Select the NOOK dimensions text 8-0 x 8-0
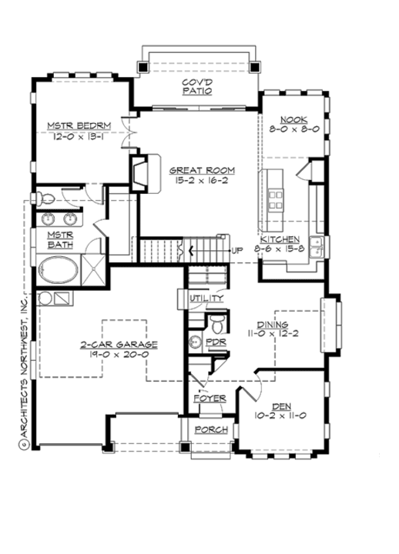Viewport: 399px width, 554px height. (294, 131)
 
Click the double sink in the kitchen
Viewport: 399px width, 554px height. (320, 245)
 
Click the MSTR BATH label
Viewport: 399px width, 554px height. (60, 239)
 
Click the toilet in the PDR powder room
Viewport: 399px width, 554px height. (216, 320)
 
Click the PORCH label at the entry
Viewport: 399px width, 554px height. (210, 429)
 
